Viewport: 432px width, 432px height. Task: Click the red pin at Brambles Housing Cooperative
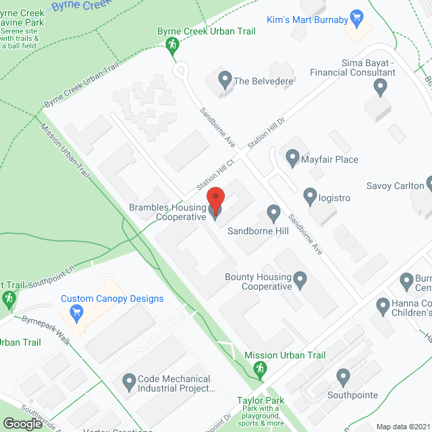click(215, 200)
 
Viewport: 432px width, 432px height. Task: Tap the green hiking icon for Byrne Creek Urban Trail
click(172, 45)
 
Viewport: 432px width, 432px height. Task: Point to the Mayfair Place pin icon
click(292, 159)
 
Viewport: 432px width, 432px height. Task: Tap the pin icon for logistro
click(310, 196)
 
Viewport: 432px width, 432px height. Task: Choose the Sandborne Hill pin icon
click(273, 214)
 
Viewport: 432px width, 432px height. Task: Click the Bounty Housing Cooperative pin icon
click(301, 277)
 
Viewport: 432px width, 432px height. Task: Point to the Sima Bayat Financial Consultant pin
click(380, 86)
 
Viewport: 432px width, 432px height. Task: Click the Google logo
click(22, 423)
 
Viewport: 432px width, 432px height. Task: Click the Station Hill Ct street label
click(215, 173)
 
